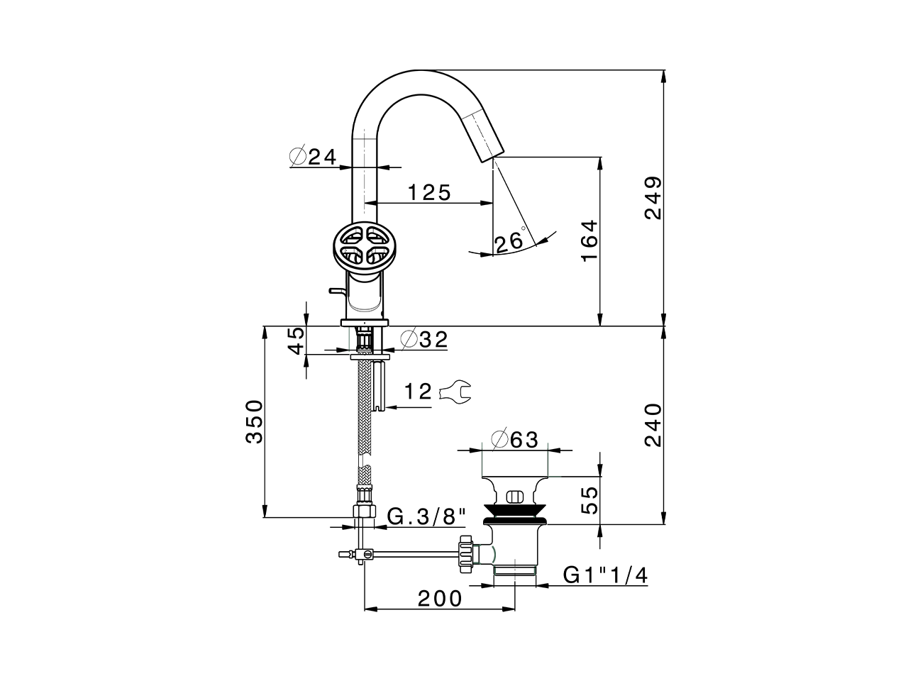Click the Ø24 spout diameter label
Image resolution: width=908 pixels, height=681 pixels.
(313, 157)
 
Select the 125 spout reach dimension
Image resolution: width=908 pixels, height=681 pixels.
(429, 192)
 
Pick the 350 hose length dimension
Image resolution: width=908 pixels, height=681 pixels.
(254, 421)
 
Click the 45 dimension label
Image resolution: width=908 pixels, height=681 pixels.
(297, 340)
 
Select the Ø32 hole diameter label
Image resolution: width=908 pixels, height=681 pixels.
(424, 340)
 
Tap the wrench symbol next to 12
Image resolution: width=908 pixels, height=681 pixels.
(455, 392)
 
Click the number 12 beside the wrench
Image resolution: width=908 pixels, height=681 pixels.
(418, 392)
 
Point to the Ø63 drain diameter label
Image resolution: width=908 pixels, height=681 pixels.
(515, 440)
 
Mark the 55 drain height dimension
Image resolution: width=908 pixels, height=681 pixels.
(589, 499)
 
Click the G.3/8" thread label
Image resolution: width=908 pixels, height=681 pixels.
(426, 516)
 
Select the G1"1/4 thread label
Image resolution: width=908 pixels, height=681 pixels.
(605, 575)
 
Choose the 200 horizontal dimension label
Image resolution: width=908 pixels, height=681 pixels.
(439, 599)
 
